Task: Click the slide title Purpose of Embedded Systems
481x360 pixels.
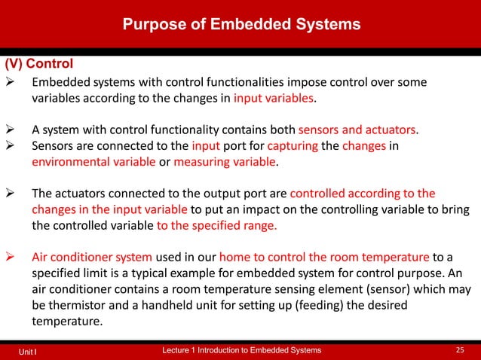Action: pos(242,24)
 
